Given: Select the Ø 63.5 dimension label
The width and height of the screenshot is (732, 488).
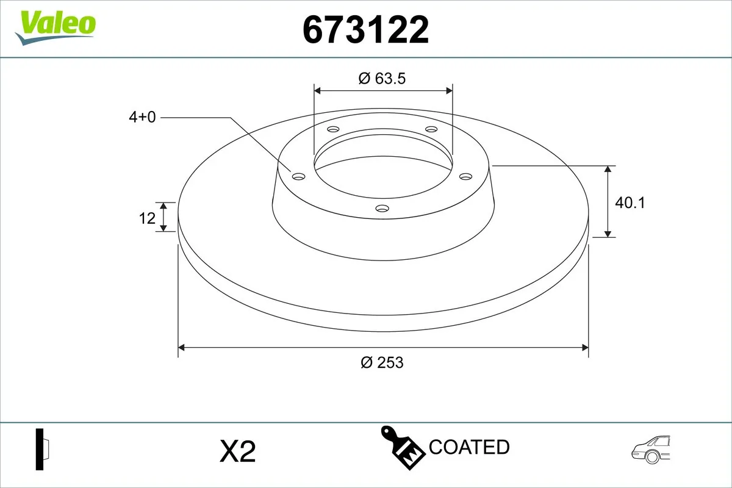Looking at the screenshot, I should click(x=382, y=78).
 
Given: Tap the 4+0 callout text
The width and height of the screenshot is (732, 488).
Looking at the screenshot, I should click(x=142, y=117).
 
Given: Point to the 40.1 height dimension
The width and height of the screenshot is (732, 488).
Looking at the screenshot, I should click(x=630, y=203).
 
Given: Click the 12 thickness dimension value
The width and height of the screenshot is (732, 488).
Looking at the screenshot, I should click(x=147, y=218).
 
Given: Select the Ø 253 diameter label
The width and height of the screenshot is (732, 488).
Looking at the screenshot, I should click(x=382, y=362).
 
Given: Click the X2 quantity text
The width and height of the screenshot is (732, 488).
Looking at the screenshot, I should click(x=237, y=452).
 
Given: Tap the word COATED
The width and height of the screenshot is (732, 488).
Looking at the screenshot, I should click(x=469, y=447).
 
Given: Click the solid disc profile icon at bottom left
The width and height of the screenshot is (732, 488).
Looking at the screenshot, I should click(x=42, y=450).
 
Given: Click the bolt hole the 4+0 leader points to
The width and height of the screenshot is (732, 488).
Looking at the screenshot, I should click(x=298, y=176).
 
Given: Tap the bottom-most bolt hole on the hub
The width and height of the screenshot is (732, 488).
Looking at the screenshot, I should click(x=382, y=209).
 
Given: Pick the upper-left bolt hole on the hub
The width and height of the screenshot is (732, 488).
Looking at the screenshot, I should click(x=333, y=129).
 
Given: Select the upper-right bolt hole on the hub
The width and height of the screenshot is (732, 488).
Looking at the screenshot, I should click(x=431, y=129).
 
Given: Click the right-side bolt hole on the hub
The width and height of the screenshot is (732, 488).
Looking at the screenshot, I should click(x=465, y=176).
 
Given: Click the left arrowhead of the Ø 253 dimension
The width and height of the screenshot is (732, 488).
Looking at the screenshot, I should click(x=181, y=348).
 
